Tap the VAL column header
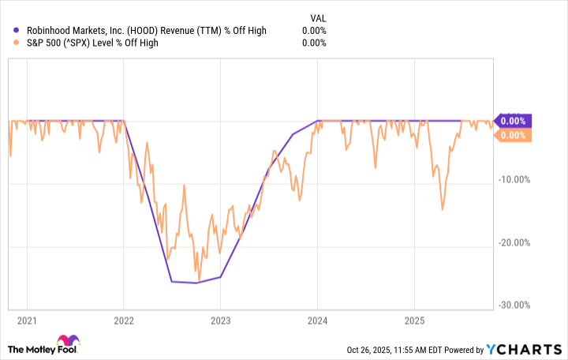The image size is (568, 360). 316,16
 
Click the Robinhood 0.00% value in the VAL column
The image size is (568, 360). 313,31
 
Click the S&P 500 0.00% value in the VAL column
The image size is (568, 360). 313,43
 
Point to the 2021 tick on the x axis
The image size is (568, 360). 26,321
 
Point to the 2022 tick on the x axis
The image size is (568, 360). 123,321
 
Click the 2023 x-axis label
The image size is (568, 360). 220,321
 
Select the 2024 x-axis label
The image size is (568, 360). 317,321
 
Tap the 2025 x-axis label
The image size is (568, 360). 414,321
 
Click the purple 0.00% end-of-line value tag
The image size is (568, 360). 513,121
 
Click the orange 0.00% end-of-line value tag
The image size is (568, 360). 513,136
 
